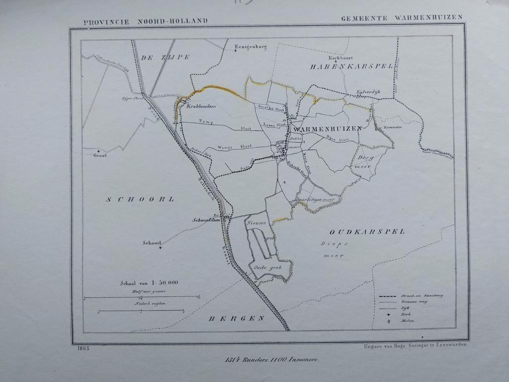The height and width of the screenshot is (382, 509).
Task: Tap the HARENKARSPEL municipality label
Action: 351,66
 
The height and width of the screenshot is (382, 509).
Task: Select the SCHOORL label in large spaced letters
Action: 140,199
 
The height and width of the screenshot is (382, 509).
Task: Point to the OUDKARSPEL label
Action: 367,231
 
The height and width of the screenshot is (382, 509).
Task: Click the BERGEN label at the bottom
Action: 236,318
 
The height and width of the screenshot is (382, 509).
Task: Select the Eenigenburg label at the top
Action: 251,47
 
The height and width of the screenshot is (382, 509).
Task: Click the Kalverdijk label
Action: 368,92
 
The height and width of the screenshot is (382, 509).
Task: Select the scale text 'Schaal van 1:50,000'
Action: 149,283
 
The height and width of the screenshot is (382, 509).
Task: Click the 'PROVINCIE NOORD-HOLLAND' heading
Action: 146,22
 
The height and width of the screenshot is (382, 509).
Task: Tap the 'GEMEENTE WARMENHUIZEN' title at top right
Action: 402,17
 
